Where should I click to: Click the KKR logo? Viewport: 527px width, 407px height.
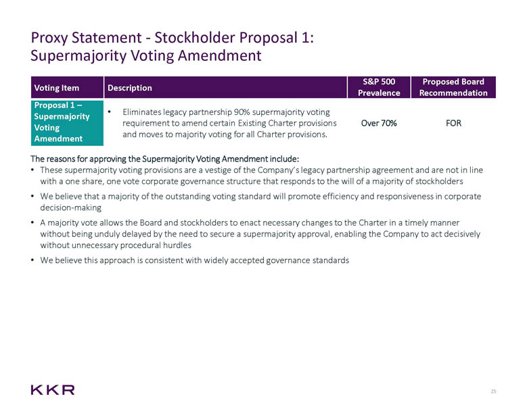coord(52,389)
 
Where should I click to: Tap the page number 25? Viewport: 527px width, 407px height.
coord(493,391)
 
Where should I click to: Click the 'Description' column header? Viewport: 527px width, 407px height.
coord(128,88)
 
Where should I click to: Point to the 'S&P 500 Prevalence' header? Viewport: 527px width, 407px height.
coord(379,87)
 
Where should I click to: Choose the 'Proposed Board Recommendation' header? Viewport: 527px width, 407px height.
coord(453,87)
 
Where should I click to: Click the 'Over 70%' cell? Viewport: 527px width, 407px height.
coord(379,124)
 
